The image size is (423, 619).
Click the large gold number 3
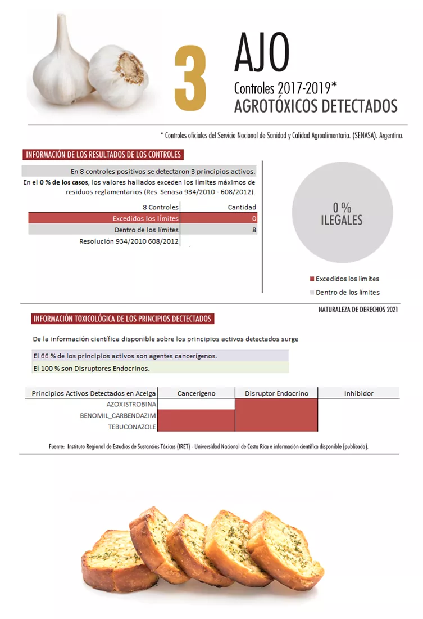point(190,79)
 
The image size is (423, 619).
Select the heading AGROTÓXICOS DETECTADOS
point(316,106)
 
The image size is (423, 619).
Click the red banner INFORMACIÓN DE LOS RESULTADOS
point(103,155)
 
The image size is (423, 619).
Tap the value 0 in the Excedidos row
point(254,218)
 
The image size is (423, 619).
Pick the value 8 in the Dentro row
point(254,230)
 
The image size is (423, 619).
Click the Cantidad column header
point(242,207)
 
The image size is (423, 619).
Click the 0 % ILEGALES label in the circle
point(342,214)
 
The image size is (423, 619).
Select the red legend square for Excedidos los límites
point(312,279)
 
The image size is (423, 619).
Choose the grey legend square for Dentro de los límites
point(312,293)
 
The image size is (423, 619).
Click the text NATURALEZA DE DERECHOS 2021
point(358,309)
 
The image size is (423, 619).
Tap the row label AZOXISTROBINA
point(131,404)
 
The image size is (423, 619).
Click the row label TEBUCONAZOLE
point(132,427)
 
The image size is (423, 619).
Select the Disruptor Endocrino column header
point(276,393)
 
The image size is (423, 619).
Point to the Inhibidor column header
point(358,393)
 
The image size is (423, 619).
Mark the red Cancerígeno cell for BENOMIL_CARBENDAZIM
point(197,415)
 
